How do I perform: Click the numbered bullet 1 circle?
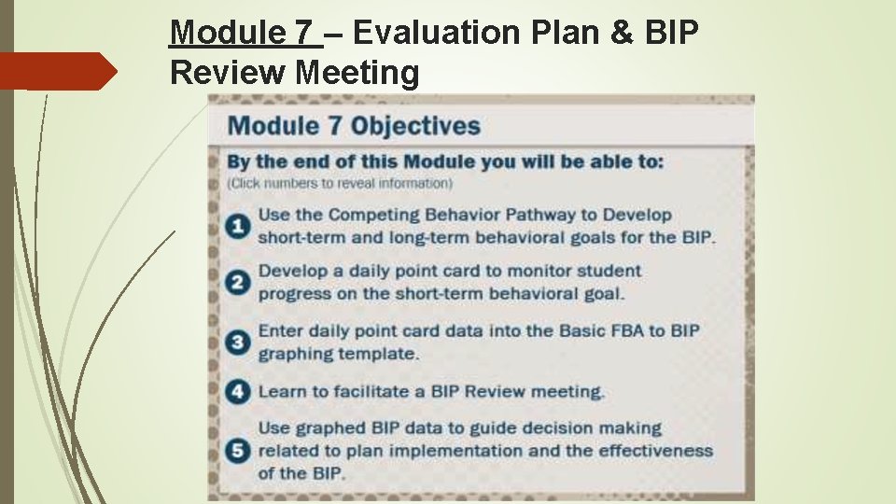(239, 226)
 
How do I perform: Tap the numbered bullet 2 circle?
(239, 282)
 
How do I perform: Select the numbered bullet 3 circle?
(239, 342)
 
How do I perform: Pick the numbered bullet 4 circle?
(239, 391)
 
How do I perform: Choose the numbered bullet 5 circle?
(239, 451)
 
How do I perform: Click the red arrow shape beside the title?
(58, 71)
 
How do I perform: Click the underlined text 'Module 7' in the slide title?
(244, 34)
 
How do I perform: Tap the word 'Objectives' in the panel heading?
(416, 126)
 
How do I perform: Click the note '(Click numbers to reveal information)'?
(340, 183)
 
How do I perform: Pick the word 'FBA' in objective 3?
(638, 330)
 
